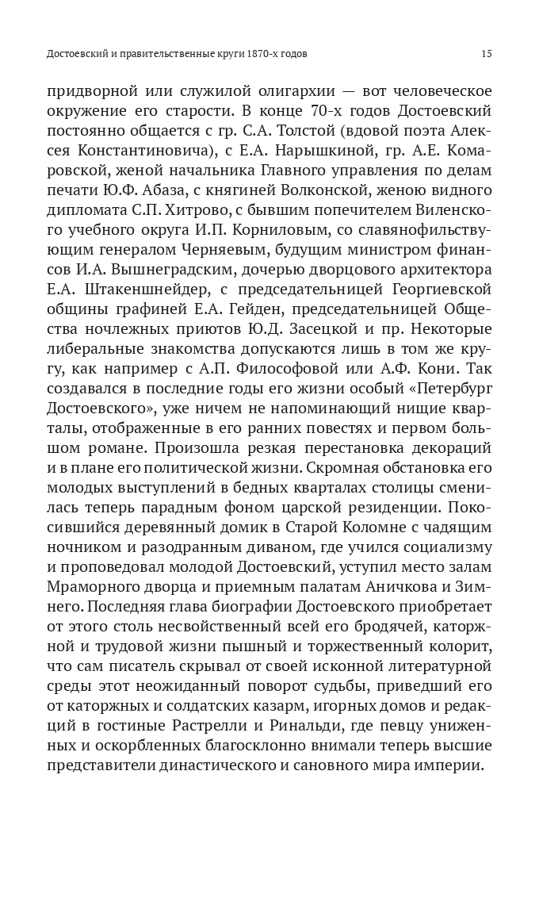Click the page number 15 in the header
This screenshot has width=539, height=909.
[x=487, y=54]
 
